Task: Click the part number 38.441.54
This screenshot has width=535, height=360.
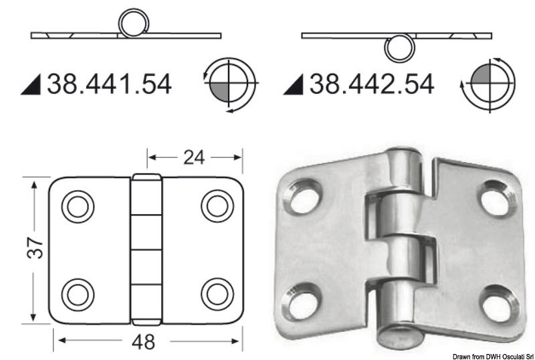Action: [109, 84]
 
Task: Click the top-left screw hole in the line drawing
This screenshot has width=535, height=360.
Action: [78, 206]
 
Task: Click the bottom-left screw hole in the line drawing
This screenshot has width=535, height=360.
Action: [78, 293]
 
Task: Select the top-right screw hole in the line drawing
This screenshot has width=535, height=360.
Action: [217, 206]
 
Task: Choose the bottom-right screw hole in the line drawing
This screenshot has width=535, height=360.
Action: [217, 293]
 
